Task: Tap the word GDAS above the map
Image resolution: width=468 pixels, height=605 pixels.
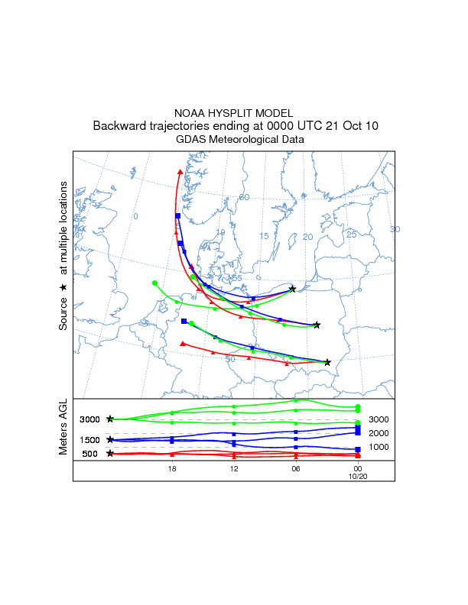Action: click(x=190, y=140)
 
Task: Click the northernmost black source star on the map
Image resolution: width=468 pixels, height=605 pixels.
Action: click(x=292, y=290)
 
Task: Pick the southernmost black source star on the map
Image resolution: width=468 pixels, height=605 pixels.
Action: click(x=327, y=362)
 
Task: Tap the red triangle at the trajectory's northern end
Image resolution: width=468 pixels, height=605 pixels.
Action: click(x=180, y=172)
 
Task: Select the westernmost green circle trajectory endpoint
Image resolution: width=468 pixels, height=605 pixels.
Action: click(x=154, y=283)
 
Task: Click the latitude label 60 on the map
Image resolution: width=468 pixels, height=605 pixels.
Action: click(x=245, y=198)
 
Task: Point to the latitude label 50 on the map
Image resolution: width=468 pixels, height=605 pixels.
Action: click(x=229, y=359)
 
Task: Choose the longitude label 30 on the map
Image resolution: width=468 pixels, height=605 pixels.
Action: click(x=395, y=229)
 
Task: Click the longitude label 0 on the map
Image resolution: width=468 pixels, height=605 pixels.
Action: click(x=135, y=217)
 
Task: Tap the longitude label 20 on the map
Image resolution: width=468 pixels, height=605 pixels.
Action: click(x=308, y=238)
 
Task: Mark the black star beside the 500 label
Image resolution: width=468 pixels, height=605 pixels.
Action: click(x=110, y=454)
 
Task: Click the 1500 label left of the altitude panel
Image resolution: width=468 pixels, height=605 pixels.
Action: click(x=89, y=440)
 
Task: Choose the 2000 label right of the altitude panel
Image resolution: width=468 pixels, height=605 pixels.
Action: click(x=379, y=433)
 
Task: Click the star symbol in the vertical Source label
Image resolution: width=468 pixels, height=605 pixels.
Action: click(x=63, y=286)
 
